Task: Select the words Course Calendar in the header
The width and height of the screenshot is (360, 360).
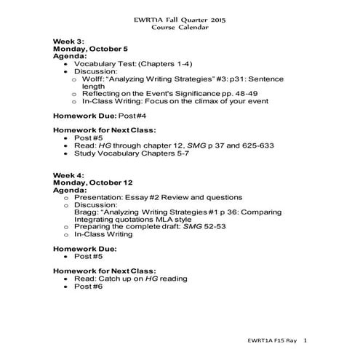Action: (x=179, y=28)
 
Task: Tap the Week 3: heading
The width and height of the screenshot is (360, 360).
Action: (x=71, y=42)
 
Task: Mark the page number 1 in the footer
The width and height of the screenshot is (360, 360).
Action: (x=306, y=340)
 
